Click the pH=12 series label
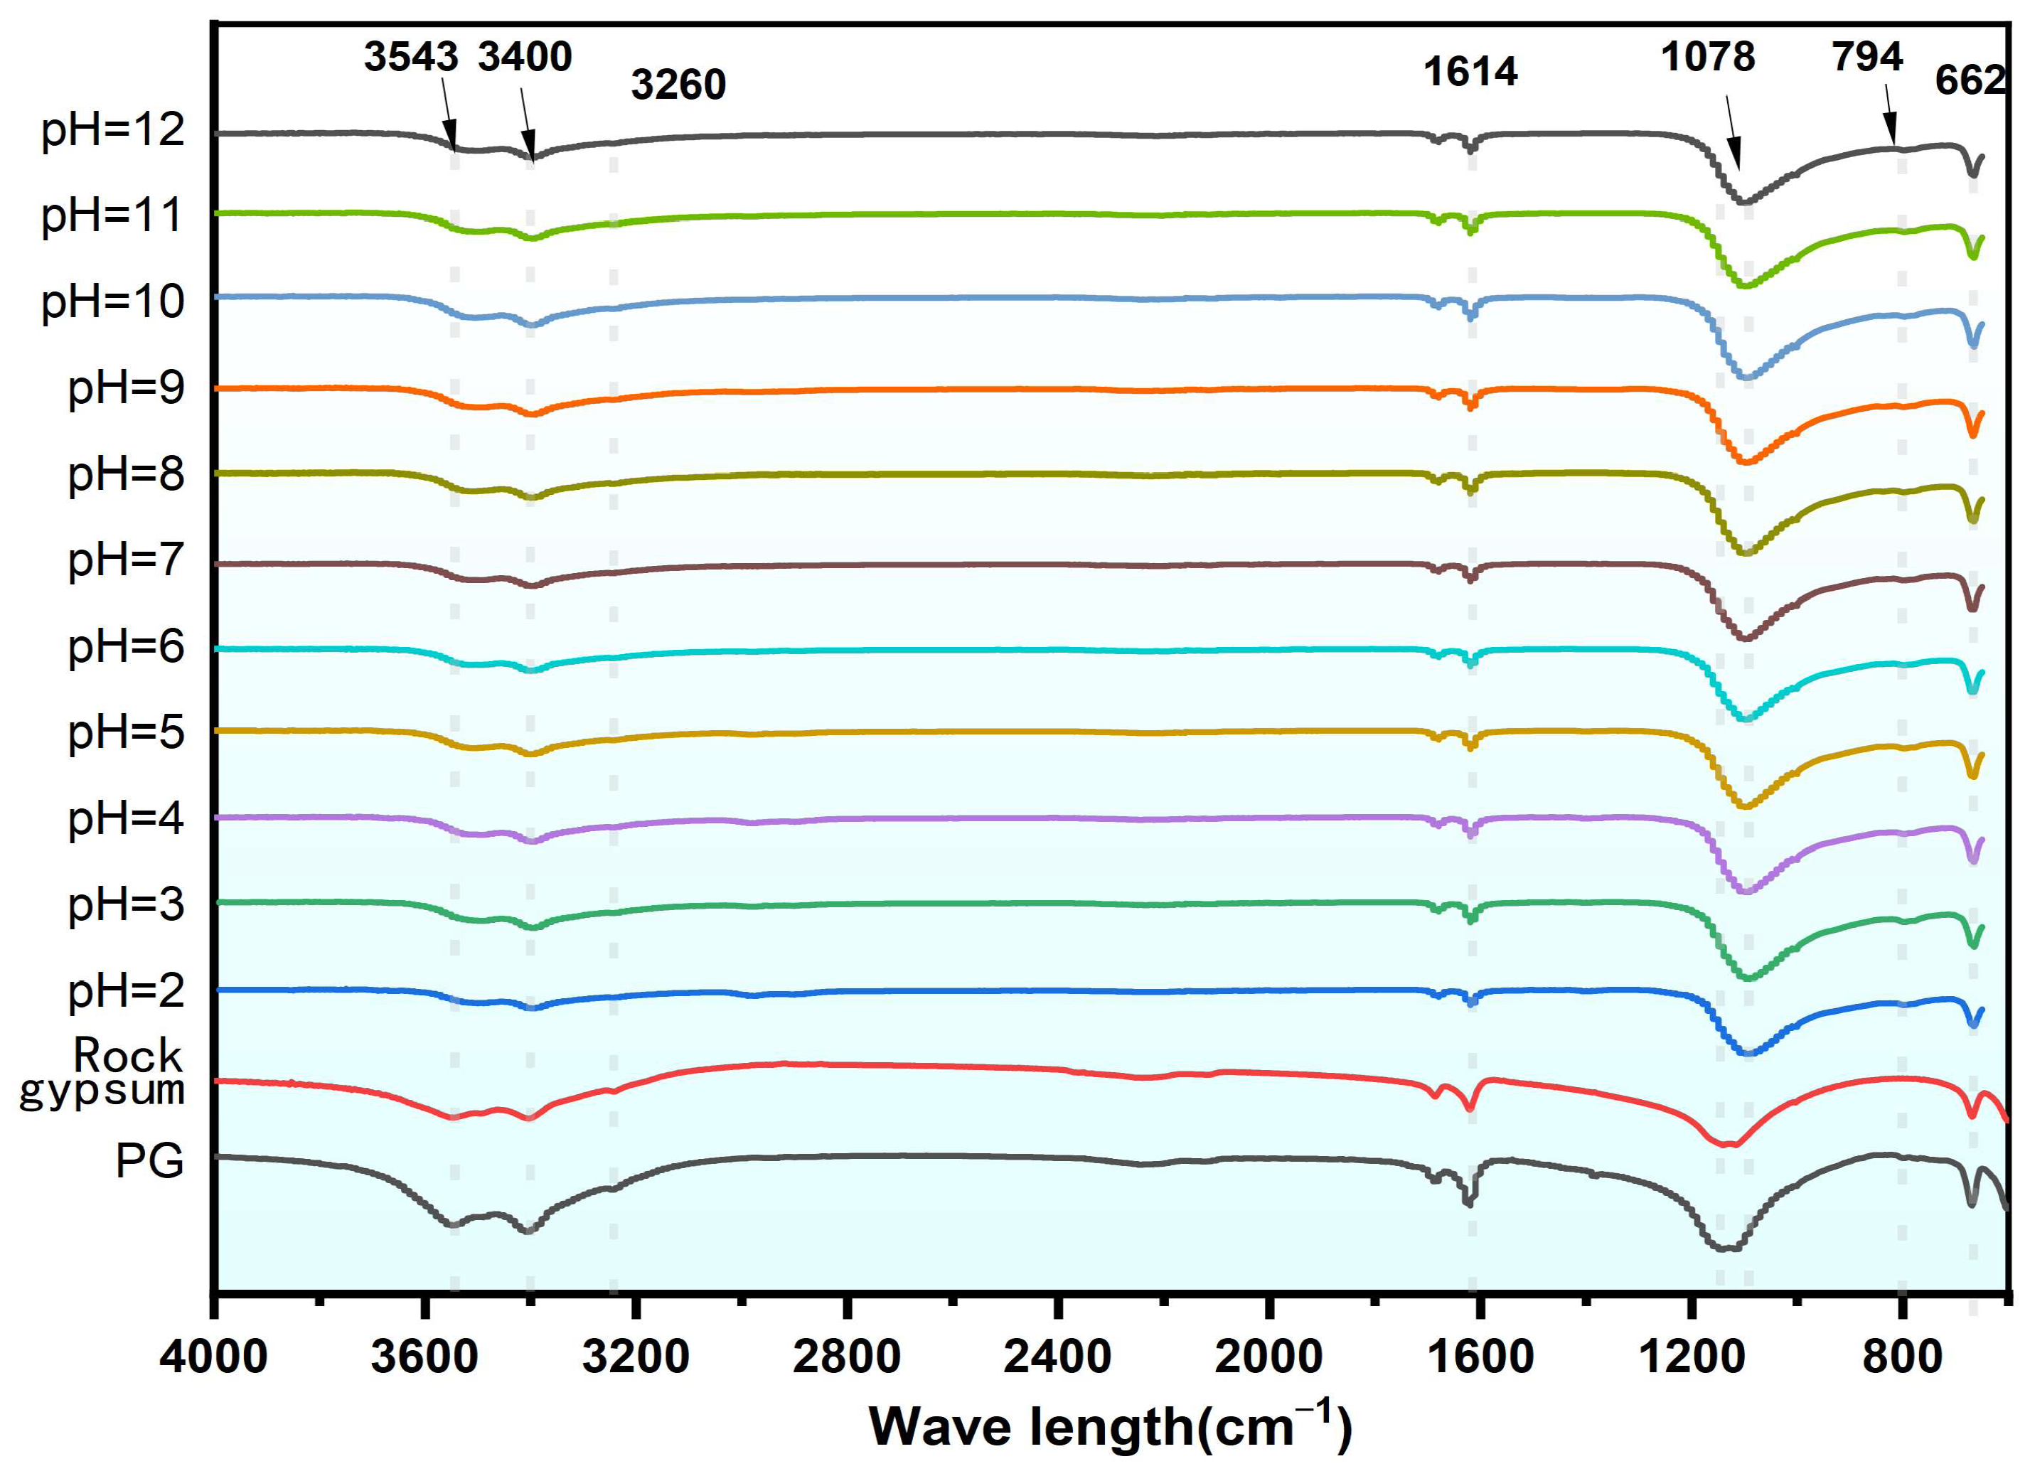tap(113, 131)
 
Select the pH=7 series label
tap(126, 560)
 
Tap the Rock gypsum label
tap(103, 1073)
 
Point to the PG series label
tap(149, 1161)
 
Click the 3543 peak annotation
tap(411, 58)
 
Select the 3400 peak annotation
tap(525, 58)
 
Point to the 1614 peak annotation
tap(1470, 72)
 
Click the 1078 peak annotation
tap(1707, 58)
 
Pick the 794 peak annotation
tap(1866, 58)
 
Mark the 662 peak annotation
tap(1971, 80)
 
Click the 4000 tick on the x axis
tap(213, 1357)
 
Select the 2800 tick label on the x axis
tap(846, 1357)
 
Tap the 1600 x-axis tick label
tap(1480, 1357)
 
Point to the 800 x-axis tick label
tap(1902, 1357)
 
